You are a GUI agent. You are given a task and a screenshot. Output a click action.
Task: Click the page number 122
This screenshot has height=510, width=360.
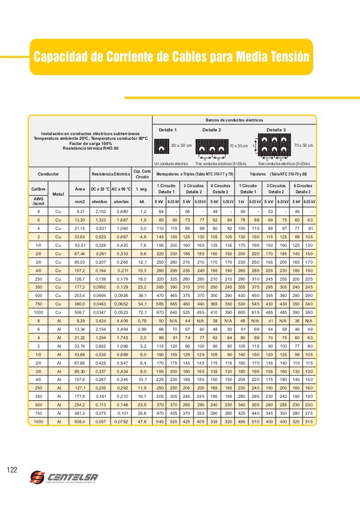point(13,470)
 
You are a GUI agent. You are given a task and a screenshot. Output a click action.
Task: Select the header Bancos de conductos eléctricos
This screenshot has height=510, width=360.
point(234,121)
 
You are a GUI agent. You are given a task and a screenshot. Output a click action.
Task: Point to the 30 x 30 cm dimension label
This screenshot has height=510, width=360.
point(181,145)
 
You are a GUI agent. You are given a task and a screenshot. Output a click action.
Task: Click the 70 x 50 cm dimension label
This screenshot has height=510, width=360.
point(303,145)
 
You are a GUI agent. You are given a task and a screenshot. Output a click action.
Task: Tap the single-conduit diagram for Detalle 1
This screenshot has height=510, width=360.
point(162,147)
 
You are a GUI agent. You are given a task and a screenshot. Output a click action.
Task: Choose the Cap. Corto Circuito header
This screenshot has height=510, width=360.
point(142,174)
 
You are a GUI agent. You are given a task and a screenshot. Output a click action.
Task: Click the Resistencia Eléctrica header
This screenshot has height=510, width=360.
point(111,174)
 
